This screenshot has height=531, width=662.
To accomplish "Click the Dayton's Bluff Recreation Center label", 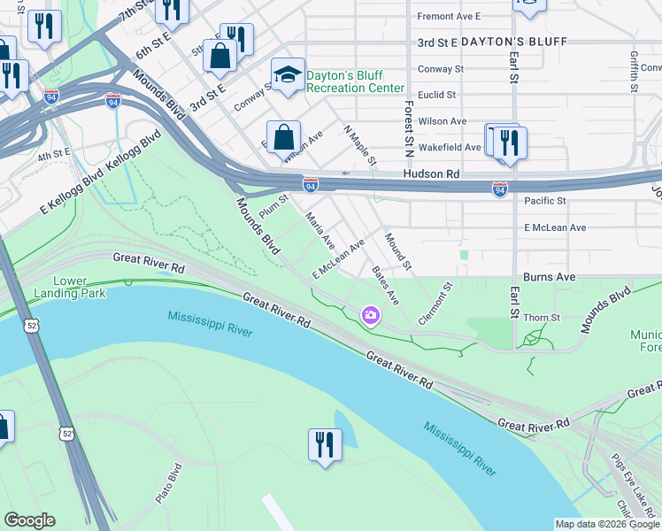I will pyautogui.click(x=355, y=81).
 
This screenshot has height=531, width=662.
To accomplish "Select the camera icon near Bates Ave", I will pyautogui.click(x=370, y=314).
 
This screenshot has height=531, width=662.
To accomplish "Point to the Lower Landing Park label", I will pyautogui.click(x=69, y=286).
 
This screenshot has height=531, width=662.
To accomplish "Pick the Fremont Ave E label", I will pyautogui.click(x=448, y=16).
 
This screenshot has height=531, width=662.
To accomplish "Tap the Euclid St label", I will pyautogui.click(x=437, y=95).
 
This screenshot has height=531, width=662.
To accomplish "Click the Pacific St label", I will pyautogui.click(x=544, y=201).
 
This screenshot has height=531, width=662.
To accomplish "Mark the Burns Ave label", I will pyautogui.click(x=550, y=277).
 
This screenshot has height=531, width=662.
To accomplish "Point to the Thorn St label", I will pyautogui.click(x=543, y=317).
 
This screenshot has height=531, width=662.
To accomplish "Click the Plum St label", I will pyautogui.click(x=274, y=205).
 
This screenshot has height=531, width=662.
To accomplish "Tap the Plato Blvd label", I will pyautogui.click(x=168, y=483).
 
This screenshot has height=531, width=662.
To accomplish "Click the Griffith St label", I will pyautogui.click(x=634, y=65).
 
